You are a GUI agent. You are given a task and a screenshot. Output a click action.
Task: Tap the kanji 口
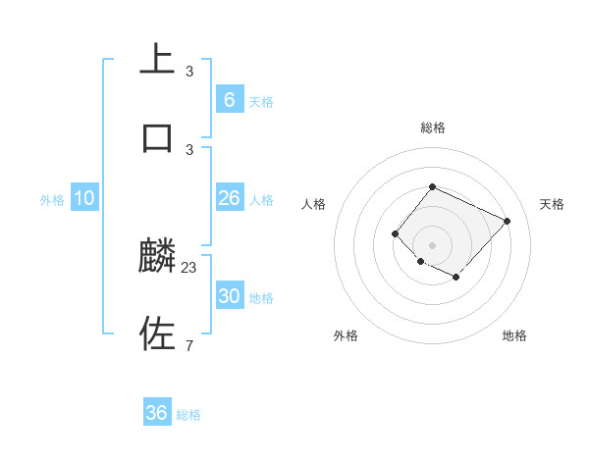156,137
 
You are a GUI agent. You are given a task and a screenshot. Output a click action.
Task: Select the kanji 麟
157,257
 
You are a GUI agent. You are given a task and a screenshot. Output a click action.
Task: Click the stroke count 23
189,266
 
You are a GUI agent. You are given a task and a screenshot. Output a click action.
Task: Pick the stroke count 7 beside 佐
189,344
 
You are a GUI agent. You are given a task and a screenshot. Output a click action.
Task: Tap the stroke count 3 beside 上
189,72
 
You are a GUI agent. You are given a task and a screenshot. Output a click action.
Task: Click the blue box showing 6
229,100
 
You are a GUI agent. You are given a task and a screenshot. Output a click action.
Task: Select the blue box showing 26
229,198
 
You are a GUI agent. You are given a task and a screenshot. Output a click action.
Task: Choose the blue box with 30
229,296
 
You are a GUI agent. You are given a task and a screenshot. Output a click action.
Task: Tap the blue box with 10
84,198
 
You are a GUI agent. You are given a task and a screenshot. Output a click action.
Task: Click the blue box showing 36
157,413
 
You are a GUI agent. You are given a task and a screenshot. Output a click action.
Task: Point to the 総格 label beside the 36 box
189,415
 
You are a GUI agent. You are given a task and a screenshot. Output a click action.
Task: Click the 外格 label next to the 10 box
52,200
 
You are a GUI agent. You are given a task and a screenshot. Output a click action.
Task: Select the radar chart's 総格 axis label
433,128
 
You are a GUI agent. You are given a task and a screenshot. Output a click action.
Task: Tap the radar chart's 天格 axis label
553,204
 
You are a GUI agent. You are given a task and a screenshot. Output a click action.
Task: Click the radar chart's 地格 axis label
514,335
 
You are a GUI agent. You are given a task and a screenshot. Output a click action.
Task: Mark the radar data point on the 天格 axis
508,221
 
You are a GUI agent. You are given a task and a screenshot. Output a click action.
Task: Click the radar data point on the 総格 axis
432,186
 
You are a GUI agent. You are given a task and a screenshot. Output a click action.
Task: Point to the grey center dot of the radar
432,244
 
